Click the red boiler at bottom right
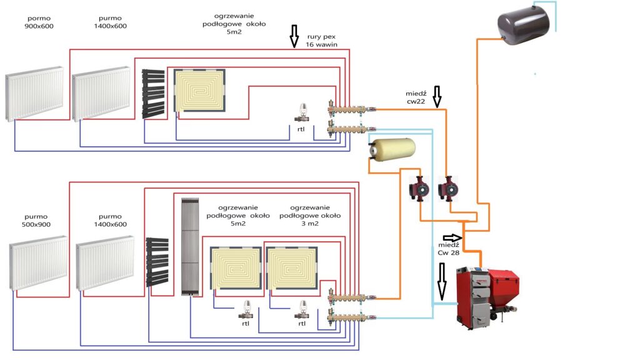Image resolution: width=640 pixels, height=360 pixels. click(x=487, y=297)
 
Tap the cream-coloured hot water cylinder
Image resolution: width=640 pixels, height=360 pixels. click(x=392, y=149)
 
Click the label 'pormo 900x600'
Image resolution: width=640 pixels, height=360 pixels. click(x=39, y=22)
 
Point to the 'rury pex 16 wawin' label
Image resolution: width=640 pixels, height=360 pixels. click(x=322, y=41)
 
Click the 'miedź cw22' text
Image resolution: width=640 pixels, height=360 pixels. click(x=416, y=97)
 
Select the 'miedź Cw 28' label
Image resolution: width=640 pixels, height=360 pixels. click(x=449, y=249)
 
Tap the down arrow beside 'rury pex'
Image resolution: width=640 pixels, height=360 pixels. click(x=294, y=36)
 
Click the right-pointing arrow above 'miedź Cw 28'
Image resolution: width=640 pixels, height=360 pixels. click(x=452, y=237)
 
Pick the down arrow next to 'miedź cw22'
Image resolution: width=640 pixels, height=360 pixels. click(x=437, y=97)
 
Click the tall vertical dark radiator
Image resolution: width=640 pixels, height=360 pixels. click(x=190, y=246)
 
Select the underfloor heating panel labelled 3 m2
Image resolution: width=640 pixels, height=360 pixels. click(x=292, y=267)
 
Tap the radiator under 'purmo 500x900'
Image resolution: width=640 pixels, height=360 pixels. click(x=38, y=263)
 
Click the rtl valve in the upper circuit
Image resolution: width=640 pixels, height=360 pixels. click(x=302, y=112)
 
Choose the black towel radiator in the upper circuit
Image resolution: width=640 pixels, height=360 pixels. click(x=154, y=94)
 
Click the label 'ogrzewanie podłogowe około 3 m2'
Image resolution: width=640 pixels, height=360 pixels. click(x=310, y=216)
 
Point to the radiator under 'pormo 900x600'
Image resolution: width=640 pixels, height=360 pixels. click(x=34, y=94)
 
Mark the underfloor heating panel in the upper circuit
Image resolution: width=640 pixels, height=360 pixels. click(x=199, y=90)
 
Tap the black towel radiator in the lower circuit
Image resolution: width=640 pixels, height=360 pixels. click(x=157, y=262)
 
